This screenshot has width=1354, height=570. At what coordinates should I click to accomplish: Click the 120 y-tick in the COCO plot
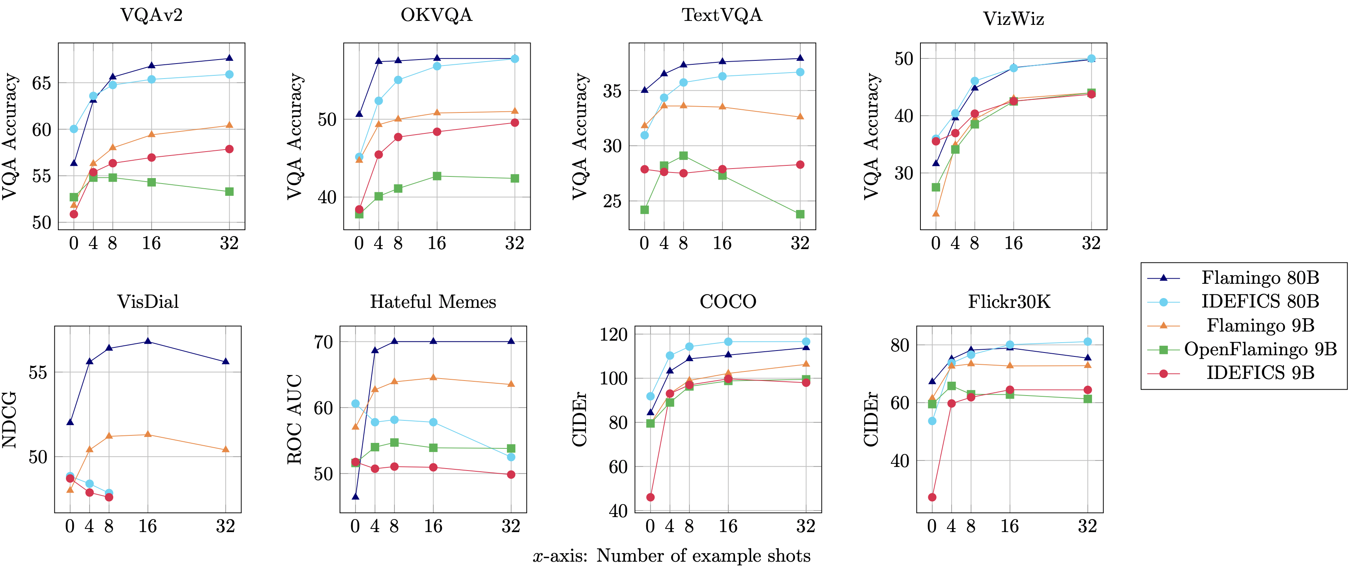click(x=613, y=334)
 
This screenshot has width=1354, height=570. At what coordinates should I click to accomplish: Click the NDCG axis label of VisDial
click(x=9, y=420)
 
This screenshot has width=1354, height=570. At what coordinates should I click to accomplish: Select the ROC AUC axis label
click(x=294, y=420)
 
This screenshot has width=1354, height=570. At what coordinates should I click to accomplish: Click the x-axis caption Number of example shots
click(x=672, y=556)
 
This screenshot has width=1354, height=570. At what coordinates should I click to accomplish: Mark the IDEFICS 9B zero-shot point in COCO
click(x=650, y=497)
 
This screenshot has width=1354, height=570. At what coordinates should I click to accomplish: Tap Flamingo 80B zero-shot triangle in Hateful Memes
click(x=355, y=497)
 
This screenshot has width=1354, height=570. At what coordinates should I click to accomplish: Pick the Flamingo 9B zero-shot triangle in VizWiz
click(x=935, y=214)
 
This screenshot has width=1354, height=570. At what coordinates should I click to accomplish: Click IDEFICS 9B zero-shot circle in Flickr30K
click(x=932, y=497)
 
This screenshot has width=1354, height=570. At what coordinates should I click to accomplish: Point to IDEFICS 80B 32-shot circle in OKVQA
click(x=514, y=59)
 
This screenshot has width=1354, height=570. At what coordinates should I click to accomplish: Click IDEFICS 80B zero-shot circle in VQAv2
click(x=74, y=129)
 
